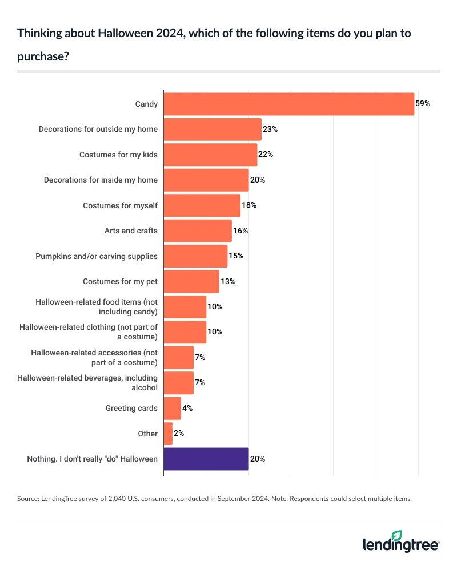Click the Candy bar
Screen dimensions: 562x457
(288, 104)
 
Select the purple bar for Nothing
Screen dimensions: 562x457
(206, 459)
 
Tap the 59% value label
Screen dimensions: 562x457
(422, 104)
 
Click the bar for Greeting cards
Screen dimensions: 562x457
(173, 408)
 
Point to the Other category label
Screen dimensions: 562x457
(147, 434)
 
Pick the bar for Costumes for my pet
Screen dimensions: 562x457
(191, 281)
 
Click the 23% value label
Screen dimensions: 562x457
(270, 130)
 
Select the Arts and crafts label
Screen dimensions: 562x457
(131, 231)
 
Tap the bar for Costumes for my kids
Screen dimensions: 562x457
(210, 155)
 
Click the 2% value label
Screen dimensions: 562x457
(178, 434)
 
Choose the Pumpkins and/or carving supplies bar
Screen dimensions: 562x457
(195, 256)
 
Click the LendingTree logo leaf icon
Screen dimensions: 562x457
(396, 535)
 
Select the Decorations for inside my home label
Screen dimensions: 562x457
(101, 180)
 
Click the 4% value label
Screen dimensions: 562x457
(187, 408)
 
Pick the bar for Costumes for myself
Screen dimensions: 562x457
(202, 205)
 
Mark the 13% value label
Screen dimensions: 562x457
(227, 281)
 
